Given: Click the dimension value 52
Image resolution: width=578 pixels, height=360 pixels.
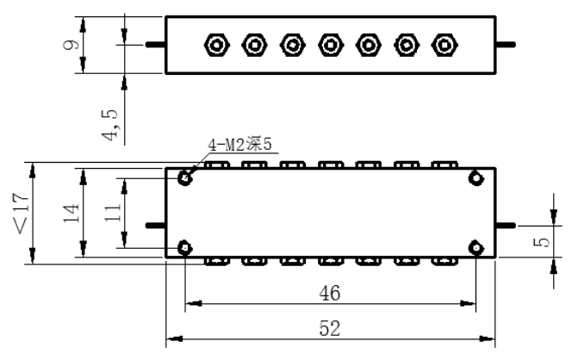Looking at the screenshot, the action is coord(330,328).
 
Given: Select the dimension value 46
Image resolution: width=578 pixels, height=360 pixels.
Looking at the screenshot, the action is coord(330,294).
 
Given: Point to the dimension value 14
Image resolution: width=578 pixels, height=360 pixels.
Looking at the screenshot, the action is coord(71,213).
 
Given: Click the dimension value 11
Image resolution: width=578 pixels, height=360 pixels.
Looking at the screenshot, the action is coord(113,213).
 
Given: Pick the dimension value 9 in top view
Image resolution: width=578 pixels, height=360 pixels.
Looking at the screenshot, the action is coord(71,45).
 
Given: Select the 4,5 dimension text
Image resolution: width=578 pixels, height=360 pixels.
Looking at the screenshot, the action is coord(110,125).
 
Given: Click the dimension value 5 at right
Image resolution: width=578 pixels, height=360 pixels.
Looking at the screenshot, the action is coord(542,242).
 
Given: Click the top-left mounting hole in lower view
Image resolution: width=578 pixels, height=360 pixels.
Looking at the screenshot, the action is coord(185,179).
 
